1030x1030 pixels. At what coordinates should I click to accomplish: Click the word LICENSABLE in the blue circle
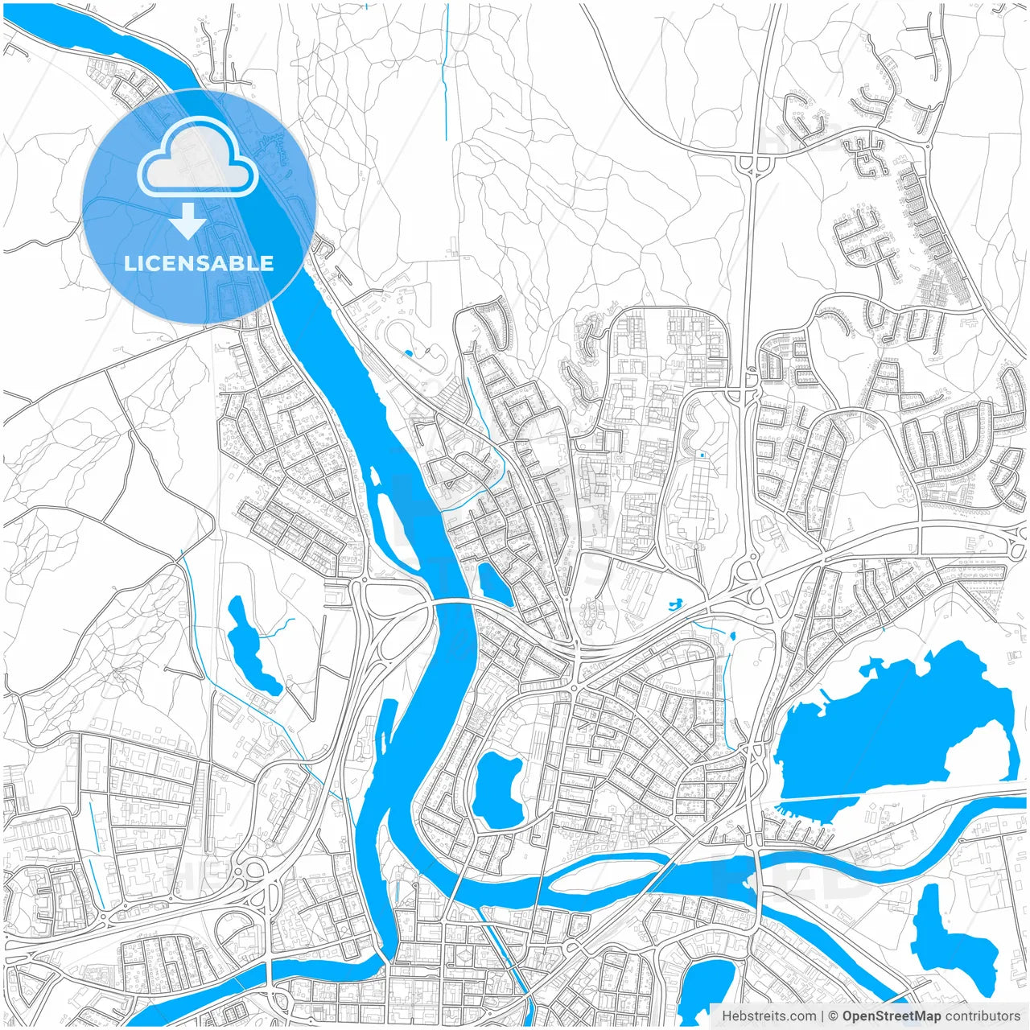coord(199,263)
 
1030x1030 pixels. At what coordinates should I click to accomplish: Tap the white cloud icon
coord(197,158)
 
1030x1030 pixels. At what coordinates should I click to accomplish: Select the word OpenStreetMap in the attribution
coord(892,1016)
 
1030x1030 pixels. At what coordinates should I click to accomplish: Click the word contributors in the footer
coord(982,1016)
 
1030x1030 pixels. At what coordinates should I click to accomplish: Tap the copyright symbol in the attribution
coord(833,1016)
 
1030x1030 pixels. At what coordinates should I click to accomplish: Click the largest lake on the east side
coord(885,732)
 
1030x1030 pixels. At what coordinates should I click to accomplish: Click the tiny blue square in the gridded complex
coord(702,455)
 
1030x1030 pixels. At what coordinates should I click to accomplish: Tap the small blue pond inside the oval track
coord(409,352)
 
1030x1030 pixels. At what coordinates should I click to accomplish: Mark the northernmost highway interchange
coord(755,163)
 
